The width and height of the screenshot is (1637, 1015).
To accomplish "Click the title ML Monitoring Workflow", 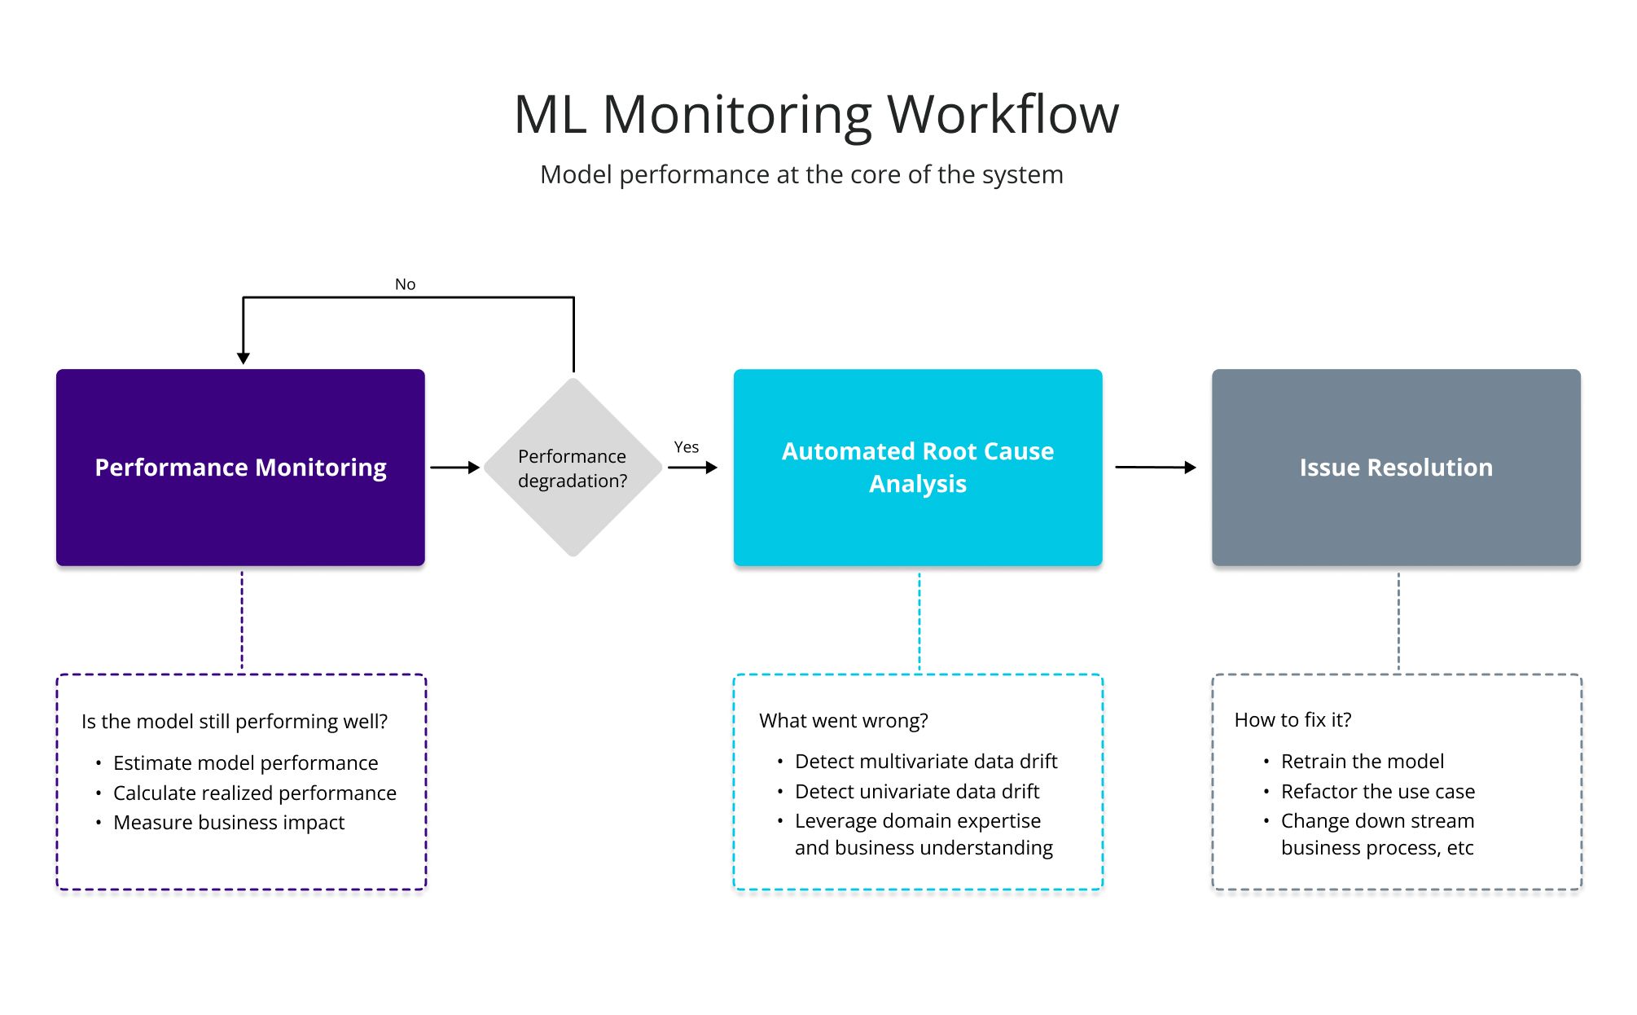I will pos(816,114).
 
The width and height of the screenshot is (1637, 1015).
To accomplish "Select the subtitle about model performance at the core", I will pos(801,174).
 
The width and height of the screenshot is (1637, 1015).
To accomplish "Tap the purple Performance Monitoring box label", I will pos(240,468).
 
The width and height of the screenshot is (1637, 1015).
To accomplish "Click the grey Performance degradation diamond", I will pos(573,468).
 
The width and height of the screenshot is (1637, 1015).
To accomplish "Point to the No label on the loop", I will pos(405,284).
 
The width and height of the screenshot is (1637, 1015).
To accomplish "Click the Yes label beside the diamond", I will pos(686,447).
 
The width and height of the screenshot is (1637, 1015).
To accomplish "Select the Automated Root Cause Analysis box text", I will pos(918,468).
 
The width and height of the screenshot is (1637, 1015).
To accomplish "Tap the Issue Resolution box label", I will pos(1396,468).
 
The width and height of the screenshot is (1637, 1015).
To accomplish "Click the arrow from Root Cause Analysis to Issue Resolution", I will pos(1155,468).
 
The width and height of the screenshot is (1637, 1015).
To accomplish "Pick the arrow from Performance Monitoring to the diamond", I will pos(454,468).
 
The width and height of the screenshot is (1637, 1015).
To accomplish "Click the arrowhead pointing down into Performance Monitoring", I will pos(243,358).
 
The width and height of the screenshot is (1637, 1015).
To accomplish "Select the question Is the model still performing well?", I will pos(235,722).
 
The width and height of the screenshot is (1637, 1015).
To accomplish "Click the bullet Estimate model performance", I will pos(245,763).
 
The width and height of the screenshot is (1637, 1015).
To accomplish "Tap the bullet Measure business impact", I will pos(229,823).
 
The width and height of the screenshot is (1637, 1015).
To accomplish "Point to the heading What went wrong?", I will pos(844,721).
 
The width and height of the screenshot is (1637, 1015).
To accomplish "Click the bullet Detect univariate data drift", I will pos(917,792).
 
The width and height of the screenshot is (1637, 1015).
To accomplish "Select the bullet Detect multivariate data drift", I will pos(926,762).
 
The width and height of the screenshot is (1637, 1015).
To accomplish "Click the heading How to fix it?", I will pos(1292,720).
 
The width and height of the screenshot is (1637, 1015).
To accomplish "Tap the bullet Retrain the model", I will pos(1363,762).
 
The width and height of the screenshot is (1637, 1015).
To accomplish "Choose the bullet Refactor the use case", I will pos(1378,792).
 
